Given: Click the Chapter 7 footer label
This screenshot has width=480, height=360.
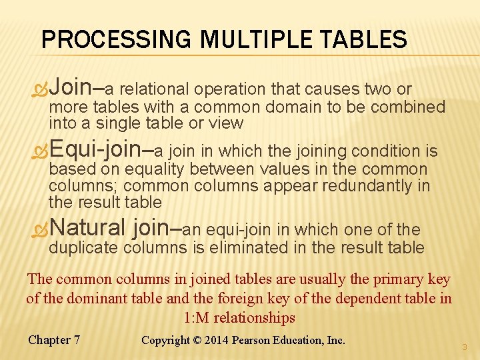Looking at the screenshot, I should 54,340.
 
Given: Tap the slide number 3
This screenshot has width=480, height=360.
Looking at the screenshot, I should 464,346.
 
